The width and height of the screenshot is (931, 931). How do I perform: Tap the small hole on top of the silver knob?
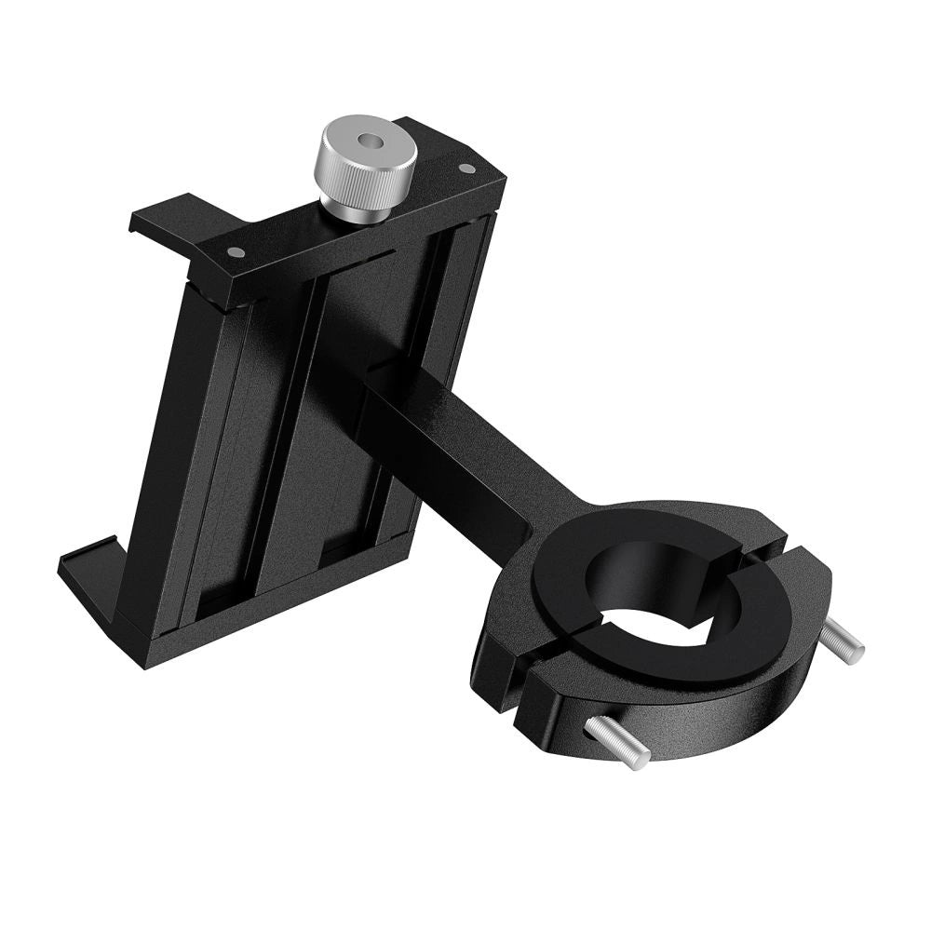pyautogui.click(x=370, y=142)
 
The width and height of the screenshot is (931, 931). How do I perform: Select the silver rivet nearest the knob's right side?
pyautogui.click(x=466, y=169)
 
